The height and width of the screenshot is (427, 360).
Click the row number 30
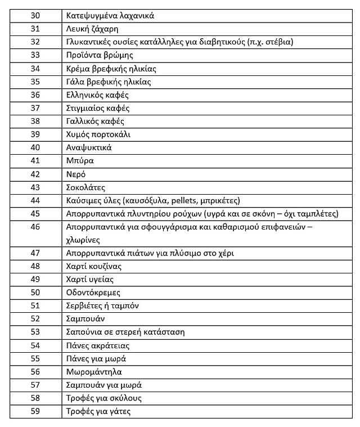point(35,16)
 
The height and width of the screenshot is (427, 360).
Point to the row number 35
point(35,82)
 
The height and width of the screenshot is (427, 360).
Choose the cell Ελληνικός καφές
point(97,95)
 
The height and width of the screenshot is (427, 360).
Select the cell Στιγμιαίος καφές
point(97,108)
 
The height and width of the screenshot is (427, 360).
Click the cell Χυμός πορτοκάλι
point(98,134)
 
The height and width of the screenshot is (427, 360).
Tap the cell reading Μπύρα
point(79,160)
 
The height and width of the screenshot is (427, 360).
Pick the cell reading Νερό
point(76,174)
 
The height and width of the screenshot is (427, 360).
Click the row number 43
point(35,187)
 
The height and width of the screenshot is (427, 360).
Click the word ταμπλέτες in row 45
point(316,214)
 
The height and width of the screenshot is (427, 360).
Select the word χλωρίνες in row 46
point(83,239)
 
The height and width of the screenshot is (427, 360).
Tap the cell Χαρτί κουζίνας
point(93,266)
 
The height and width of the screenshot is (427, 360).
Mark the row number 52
point(35,319)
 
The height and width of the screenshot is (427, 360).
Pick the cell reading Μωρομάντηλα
point(93,372)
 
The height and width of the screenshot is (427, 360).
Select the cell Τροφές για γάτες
point(98,411)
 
